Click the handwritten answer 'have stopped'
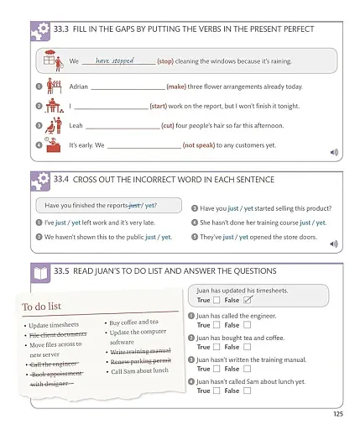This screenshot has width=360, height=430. tap(115, 60)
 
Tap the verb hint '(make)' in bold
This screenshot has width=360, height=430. tap(176, 87)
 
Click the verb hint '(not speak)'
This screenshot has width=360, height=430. tap(198, 145)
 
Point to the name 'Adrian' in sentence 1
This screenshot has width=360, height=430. tap(78, 87)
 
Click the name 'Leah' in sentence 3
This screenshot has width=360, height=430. tap(76, 126)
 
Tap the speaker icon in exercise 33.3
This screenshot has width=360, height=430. tap(334, 152)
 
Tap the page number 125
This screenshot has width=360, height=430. tap(337, 413)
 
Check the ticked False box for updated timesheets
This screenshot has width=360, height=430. tap(248, 300)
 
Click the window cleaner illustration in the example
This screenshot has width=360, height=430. tap(54, 60)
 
